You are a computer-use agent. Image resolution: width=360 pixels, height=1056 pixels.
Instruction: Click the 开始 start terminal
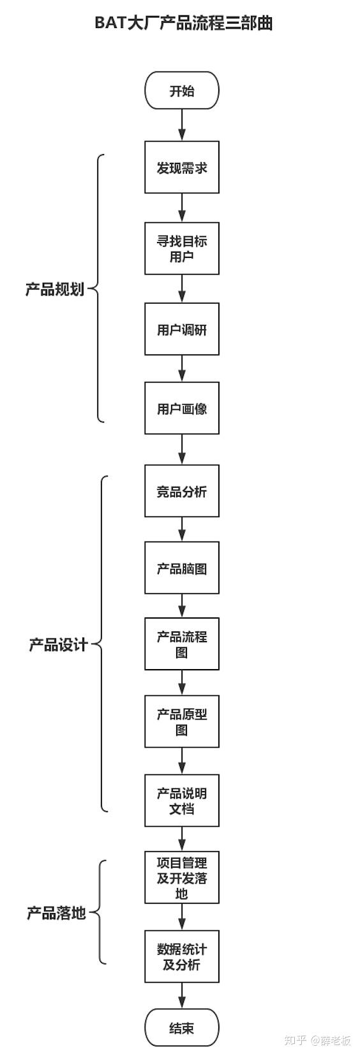click(182, 91)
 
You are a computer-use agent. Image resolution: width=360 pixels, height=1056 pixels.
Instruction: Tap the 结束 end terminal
click(182, 1028)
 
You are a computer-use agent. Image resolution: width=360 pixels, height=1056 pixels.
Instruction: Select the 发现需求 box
click(182, 168)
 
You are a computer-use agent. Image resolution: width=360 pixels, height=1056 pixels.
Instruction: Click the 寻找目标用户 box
click(182, 248)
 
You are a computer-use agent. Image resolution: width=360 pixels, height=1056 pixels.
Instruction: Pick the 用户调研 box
click(182, 329)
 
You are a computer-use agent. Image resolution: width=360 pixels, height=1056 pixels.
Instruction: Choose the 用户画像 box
click(182, 408)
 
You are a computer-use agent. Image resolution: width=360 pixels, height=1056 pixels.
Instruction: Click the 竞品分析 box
click(182, 491)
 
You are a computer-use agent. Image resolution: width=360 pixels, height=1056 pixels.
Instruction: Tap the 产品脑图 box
click(182, 568)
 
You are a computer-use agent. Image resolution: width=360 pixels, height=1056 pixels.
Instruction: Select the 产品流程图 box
click(182, 644)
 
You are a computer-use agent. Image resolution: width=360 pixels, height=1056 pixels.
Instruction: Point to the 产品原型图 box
click(182, 721)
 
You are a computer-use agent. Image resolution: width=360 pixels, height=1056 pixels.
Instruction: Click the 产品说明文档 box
click(182, 801)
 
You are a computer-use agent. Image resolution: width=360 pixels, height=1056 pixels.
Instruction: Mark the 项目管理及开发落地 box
click(182, 877)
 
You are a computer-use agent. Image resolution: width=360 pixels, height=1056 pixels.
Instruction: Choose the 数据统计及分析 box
click(182, 956)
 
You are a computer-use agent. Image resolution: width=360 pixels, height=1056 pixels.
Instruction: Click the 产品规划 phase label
click(55, 289)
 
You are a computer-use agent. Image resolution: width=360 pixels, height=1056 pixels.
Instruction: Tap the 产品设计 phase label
click(58, 644)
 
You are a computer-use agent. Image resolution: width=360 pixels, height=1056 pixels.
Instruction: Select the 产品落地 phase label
click(56, 913)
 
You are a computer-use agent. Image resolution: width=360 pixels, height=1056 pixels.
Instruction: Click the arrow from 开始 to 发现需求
click(182, 126)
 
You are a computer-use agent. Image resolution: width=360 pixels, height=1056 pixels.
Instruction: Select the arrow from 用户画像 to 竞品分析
click(182, 449)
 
